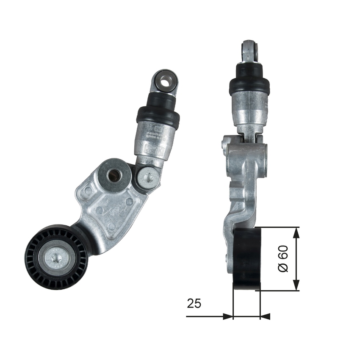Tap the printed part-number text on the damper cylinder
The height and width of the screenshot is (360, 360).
155,134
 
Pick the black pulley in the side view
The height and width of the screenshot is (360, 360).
247,259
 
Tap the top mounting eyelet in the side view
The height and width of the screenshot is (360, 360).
249,51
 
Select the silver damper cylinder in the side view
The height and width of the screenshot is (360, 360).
250,110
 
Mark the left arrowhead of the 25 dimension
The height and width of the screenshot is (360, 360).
228,316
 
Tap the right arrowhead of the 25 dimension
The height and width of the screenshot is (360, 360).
266,316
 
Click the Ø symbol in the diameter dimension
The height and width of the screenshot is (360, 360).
283,268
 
